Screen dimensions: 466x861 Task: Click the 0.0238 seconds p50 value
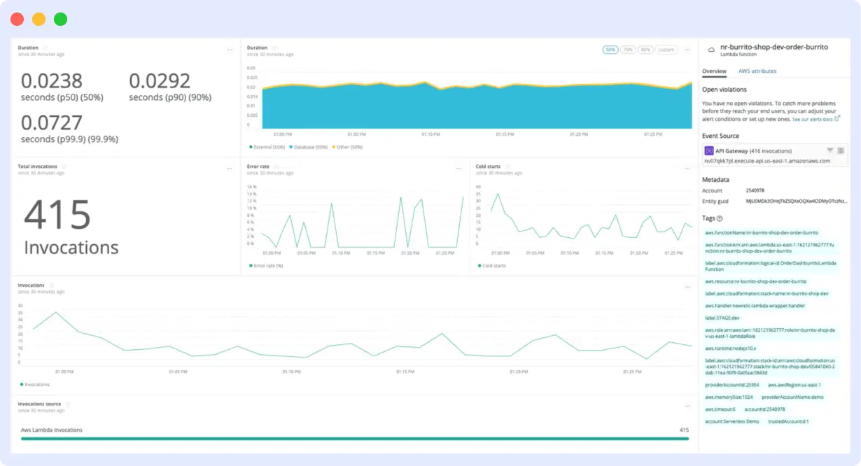point(52,81)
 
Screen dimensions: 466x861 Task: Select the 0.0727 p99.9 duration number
point(52,122)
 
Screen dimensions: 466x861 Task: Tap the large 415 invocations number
point(57,215)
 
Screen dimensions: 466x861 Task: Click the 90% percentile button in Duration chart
point(645,50)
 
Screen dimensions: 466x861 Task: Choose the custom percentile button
point(666,50)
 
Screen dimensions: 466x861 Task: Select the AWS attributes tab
point(757,71)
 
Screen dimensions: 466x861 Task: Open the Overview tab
point(714,71)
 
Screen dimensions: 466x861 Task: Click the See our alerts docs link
point(814,120)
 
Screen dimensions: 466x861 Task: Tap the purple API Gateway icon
point(709,150)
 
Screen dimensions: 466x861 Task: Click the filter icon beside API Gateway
point(829,150)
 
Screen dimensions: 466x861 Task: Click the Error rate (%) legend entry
point(267,266)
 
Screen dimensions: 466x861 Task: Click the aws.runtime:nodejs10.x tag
point(731,348)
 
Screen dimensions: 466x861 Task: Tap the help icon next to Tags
point(720,218)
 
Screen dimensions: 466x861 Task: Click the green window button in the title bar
point(61,20)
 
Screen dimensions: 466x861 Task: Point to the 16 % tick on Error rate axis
point(251,187)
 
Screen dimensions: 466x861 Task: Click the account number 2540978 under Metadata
point(756,190)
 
